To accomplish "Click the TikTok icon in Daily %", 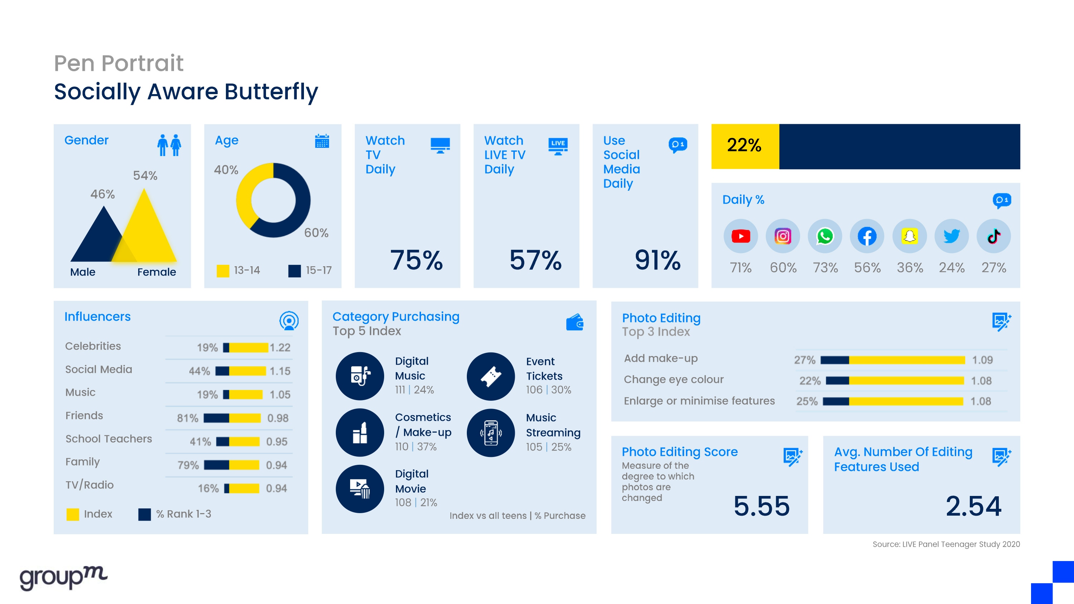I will [993, 237].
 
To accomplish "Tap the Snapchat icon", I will [909, 237].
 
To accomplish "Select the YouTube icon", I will [740, 237].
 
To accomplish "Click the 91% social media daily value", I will [658, 260].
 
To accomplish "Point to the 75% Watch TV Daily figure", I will [416, 260].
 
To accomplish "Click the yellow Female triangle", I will [146, 233].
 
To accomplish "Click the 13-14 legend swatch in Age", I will [223, 271].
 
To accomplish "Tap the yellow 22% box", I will [745, 146].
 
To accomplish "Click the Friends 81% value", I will [188, 418].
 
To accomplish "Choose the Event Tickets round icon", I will [491, 376].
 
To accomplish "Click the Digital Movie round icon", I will [359, 489].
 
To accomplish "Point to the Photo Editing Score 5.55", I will [761, 506].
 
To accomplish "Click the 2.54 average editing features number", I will [973, 506].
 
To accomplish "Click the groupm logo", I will [63, 577].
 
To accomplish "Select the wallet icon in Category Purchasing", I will [575, 322].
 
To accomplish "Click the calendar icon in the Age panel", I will [322, 141].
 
